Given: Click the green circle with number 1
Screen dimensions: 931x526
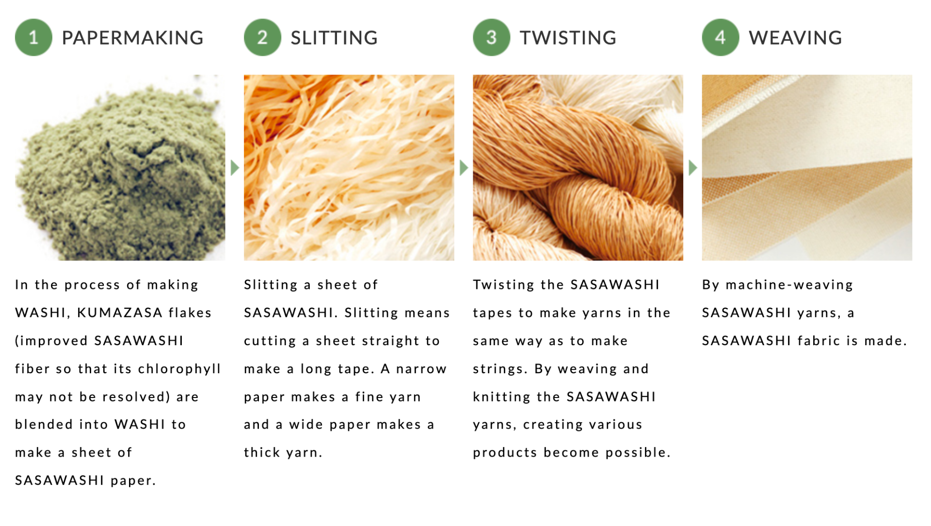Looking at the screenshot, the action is (33, 37).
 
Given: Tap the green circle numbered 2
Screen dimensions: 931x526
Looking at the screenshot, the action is (262, 37).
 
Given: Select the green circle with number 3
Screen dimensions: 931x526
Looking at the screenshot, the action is (491, 37).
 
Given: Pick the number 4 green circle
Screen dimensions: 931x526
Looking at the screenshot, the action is (720, 37).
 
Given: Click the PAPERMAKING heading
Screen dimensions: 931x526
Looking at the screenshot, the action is (132, 38).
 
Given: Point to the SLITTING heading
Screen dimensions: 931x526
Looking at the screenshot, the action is (334, 38).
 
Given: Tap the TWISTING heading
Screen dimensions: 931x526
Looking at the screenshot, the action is (568, 38).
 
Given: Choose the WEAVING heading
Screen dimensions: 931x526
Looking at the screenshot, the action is (795, 38).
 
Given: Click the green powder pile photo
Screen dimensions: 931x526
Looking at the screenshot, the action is (120, 168).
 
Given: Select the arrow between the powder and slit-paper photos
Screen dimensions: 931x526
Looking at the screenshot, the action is (235, 168).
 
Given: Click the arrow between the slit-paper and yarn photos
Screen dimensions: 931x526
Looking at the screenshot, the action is (464, 168).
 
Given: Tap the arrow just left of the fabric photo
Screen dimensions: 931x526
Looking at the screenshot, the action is (693, 168).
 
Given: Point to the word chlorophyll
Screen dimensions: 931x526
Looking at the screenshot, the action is (179, 369).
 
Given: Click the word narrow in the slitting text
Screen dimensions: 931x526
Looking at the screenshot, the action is (421, 369).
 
